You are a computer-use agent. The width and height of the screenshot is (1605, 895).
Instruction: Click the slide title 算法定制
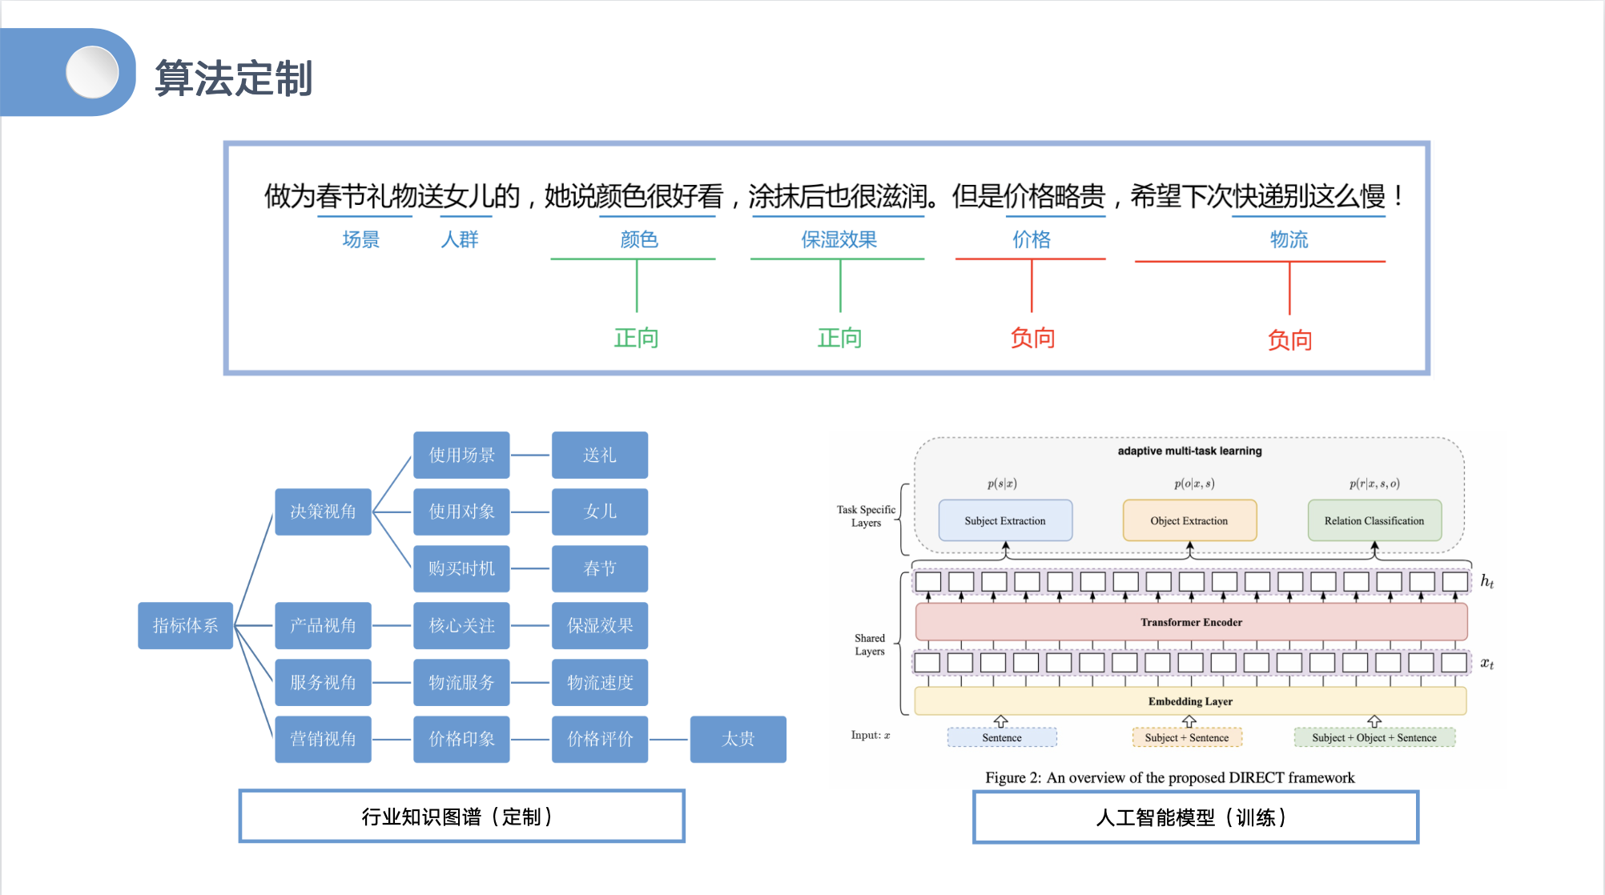click(x=233, y=78)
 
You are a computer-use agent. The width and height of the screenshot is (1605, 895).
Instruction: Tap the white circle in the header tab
click(x=92, y=72)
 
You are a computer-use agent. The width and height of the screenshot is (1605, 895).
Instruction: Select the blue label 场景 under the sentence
click(x=360, y=239)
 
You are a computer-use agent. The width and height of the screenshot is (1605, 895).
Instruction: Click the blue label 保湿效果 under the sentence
click(x=839, y=239)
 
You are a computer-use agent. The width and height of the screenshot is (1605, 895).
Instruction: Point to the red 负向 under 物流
click(x=1289, y=340)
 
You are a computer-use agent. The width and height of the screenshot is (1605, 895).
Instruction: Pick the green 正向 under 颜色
click(x=636, y=338)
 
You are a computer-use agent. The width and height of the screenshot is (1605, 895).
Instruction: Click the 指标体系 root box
click(x=185, y=625)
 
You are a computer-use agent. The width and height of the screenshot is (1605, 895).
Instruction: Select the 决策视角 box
click(x=323, y=512)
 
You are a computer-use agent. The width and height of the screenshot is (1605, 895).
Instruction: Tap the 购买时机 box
click(x=461, y=568)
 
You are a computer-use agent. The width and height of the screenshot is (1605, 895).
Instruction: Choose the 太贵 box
click(x=738, y=739)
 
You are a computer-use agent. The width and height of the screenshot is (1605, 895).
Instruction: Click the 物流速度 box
click(x=600, y=683)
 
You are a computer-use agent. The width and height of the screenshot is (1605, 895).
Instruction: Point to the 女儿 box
click(x=600, y=512)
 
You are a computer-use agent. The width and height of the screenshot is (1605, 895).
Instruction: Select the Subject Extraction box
click(x=1005, y=520)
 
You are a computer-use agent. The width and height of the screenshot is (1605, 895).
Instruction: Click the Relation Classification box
click(x=1374, y=520)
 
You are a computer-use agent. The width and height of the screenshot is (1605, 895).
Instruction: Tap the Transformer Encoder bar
click(x=1191, y=622)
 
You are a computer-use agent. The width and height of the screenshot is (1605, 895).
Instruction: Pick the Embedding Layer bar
click(x=1190, y=701)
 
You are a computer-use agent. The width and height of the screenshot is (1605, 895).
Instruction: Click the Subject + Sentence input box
click(x=1187, y=737)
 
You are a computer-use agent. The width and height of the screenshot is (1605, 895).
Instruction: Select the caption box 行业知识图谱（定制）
click(x=461, y=817)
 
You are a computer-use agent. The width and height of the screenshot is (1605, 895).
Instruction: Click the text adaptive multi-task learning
click(x=1189, y=451)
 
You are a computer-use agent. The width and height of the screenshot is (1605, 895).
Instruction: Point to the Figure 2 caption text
click(x=1169, y=777)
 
